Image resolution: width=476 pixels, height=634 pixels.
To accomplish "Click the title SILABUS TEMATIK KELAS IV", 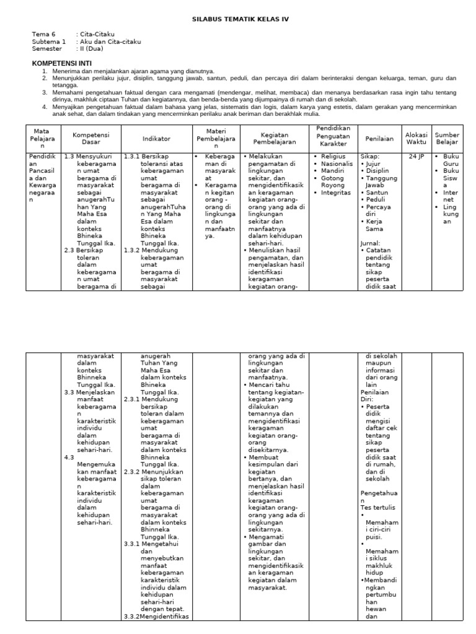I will point(238,19).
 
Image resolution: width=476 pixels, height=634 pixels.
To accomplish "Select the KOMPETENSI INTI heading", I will point(59,63).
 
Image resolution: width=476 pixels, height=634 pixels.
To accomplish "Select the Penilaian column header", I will point(379,139).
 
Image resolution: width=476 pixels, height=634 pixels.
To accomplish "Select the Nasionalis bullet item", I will point(338,164).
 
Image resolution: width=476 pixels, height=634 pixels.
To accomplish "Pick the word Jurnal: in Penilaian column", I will point(371,243).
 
